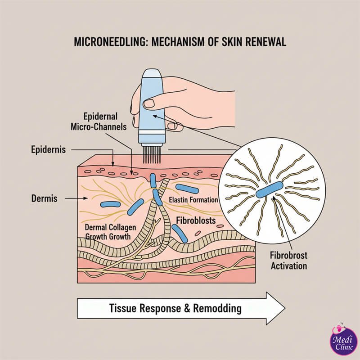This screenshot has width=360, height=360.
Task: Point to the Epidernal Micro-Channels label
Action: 98,121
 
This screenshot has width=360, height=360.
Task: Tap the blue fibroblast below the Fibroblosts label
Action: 180,233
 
